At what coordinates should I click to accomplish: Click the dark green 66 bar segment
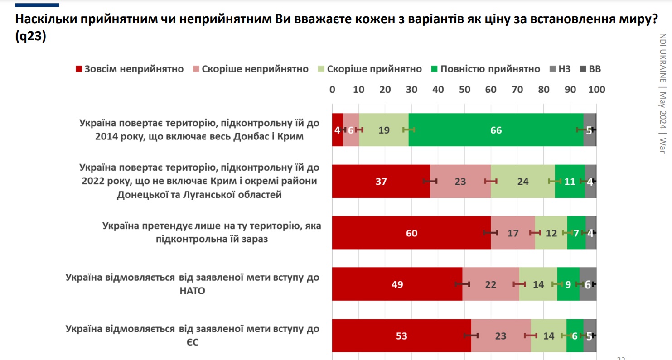(x=496, y=130)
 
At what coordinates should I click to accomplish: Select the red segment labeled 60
(x=411, y=233)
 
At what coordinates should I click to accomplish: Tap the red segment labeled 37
(x=381, y=182)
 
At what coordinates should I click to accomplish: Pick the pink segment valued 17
(x=512, y=233)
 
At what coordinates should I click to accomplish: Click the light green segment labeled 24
(x=522, y=182)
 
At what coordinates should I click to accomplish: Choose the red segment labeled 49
(x=397, y=284)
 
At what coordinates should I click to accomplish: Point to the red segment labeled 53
(x=401, y=336)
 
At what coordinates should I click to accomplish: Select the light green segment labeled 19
(x=383, y=130)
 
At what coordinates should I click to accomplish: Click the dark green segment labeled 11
(x=570, y=182)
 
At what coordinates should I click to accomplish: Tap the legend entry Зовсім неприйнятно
(x=129, y=69)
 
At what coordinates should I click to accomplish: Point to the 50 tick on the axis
(x=464, y=90)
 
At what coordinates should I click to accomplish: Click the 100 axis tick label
(x=596, y=90)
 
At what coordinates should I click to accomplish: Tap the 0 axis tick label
(x=332, y=90)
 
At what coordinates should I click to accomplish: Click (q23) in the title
(x=31, y=38)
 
